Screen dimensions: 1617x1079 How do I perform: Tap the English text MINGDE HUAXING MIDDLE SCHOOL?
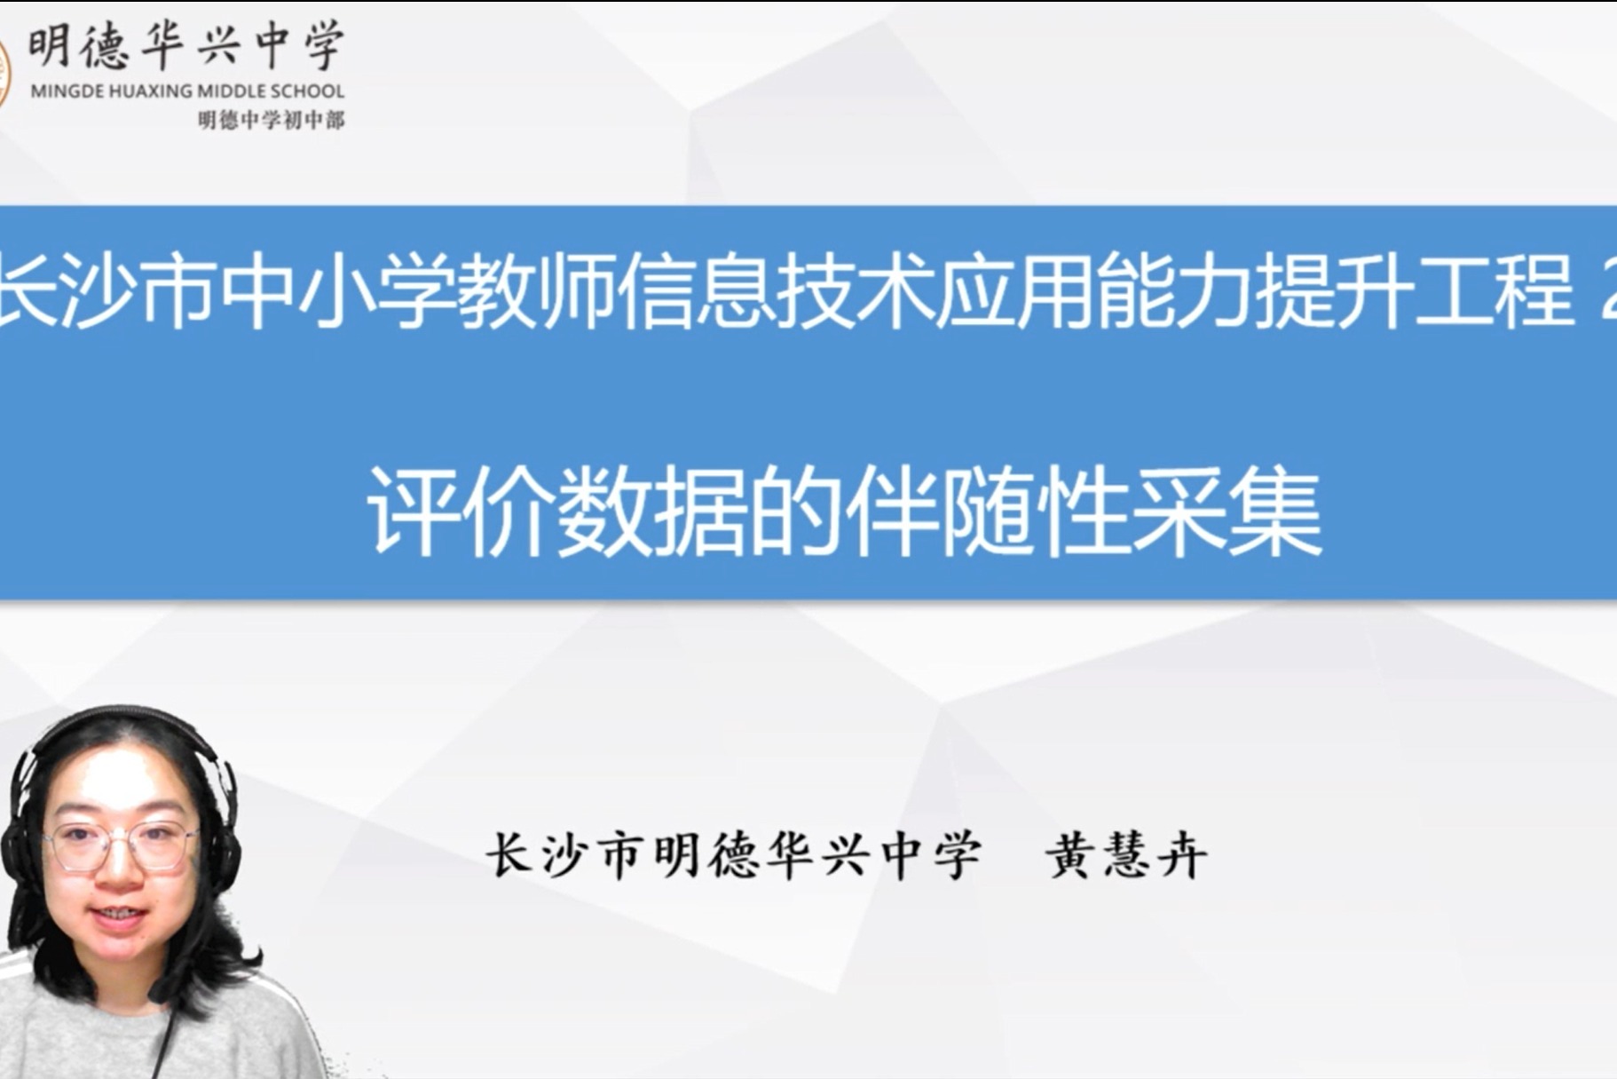click(187, 91)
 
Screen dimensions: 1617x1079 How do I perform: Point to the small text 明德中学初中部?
click(272, 120)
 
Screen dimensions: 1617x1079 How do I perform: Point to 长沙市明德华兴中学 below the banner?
click(733, 856)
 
